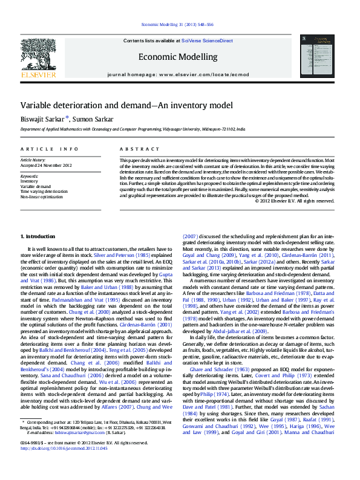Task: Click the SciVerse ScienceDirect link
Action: (x=207, y=40)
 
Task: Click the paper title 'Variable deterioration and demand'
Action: (x=119, y=105)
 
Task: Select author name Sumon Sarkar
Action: (x=91, y=118)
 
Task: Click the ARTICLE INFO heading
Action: (x=49, y=149)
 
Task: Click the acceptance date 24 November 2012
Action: (x=46, y=165)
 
